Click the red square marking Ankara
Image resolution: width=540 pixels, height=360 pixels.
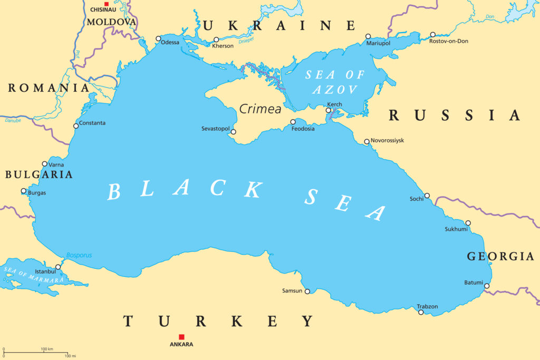(181, 337)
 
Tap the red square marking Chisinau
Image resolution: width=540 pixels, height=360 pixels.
(106, 4)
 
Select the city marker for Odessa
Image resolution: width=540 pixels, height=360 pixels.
(158, 38)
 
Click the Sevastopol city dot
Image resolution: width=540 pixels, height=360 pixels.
(234, 132)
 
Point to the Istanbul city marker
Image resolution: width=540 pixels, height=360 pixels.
(58, 267)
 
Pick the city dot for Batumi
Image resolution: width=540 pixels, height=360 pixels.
(487, 286)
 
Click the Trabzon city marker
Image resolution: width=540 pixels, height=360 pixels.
(421, 312)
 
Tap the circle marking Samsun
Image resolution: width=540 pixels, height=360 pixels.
(307, 291)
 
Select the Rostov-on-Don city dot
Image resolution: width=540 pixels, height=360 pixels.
(432, 35)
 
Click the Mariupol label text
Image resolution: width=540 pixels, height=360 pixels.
(378, 43)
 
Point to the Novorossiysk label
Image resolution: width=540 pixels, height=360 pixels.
(388, 141)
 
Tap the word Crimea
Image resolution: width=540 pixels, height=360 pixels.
(260, 109)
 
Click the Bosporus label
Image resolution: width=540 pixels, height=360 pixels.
(79, 255)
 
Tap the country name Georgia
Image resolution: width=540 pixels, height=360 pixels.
(500, 257)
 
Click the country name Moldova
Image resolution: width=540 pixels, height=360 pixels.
(111, 22)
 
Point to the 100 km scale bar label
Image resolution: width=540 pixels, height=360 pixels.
(47, 349)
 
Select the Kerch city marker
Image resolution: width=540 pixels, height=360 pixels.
(328, 110)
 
